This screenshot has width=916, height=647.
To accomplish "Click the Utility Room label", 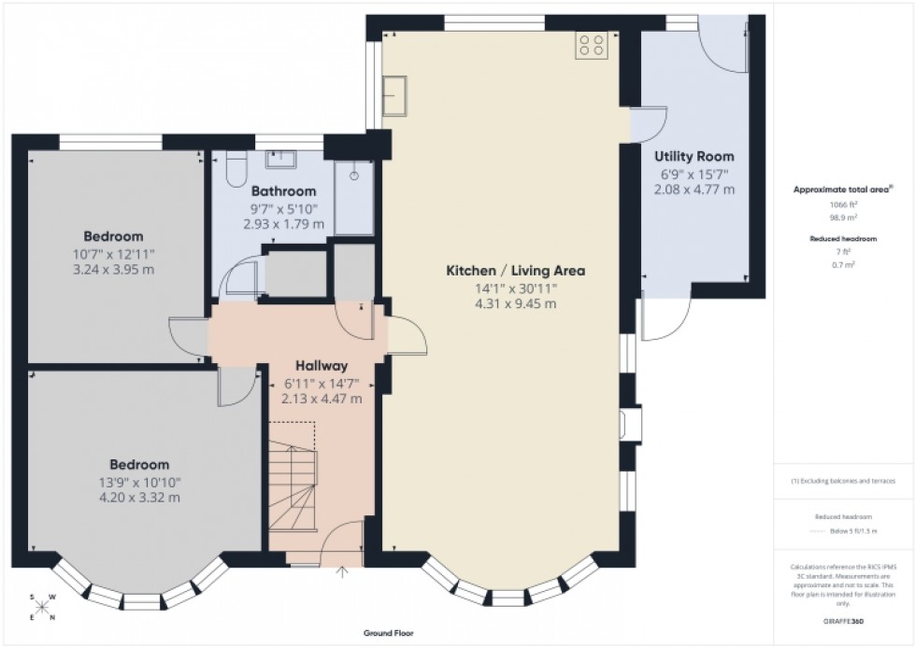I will point(694,156).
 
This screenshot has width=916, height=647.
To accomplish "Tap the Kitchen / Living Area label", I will point(515,271).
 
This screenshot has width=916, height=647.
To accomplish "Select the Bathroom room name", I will point(284,191).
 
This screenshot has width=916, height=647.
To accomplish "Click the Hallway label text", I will point(322,366).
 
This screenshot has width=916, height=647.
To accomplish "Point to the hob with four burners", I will point(593,45).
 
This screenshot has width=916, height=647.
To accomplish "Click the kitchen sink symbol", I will point(395,94).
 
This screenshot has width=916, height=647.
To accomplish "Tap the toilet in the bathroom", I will point(236,171).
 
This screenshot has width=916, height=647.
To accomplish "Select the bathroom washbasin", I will point(279,160).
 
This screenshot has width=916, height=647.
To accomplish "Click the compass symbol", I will point(42,607).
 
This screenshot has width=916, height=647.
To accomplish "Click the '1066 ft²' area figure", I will point(844,204).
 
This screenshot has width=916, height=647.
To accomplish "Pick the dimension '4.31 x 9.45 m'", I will point(515,303).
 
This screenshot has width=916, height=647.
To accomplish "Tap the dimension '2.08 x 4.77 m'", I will point(694,189).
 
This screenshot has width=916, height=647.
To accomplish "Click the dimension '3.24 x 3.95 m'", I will point(113,269).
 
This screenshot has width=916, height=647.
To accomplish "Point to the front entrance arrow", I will point(342,572).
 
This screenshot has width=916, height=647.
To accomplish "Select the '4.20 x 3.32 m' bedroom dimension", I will point(140,498).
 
